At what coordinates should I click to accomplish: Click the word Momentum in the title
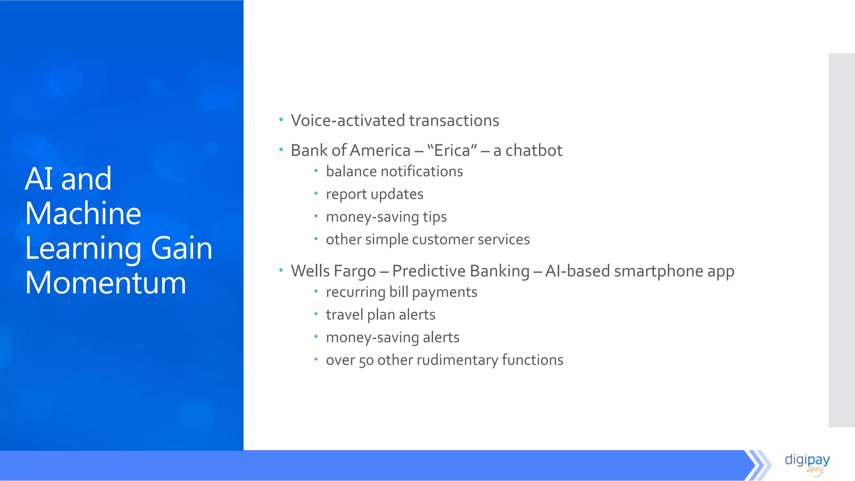(105, 283)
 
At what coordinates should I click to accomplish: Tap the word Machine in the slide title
(83, 213)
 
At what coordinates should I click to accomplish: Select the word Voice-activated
(348, 121)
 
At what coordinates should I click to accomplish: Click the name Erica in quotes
(452, 151)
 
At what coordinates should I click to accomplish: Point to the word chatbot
(534, 151)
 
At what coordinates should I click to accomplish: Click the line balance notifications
(394, 172)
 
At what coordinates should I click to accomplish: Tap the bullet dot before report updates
(316, 193)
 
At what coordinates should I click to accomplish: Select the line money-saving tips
(386, 217)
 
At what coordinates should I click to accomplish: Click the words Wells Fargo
(333, 271)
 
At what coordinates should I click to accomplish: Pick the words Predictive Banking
(460, 271)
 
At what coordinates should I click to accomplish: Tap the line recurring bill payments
(401, 292)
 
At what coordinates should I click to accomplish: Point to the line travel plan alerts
(380, 315)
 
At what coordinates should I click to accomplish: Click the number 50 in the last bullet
(366, 360)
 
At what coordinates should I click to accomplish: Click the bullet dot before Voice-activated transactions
(281, 120)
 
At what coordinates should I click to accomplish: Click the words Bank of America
(350, 151)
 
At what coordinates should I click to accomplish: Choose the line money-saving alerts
(392, 337)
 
